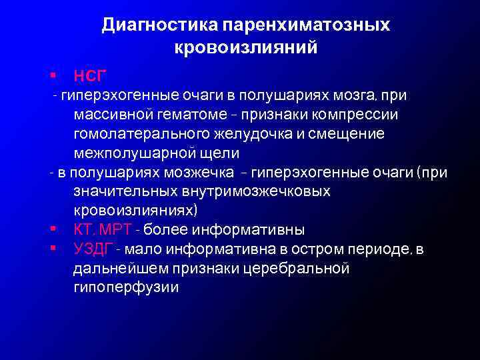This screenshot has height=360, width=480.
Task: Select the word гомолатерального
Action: [141, 133]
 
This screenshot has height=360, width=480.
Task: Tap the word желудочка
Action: [249, 133]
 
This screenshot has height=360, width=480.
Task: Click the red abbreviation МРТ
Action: [119, 230]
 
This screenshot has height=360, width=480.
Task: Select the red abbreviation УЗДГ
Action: [95, 250]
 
